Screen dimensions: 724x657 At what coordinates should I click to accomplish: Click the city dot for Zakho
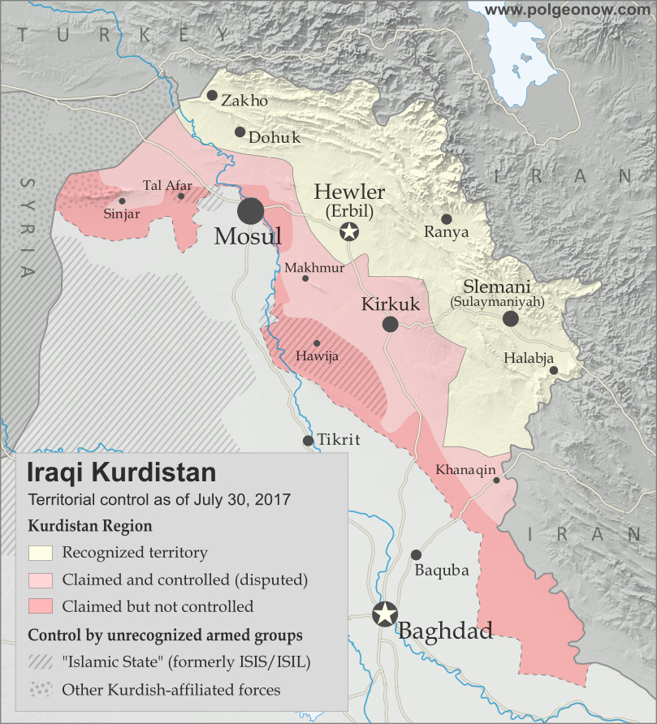(x=212, y=95)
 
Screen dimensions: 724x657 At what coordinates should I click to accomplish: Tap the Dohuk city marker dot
(x=240, y=131)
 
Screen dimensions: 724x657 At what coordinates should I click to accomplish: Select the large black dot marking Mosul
(x=251, y=211)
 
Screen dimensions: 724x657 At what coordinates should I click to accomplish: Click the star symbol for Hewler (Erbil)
(x=349, y=233)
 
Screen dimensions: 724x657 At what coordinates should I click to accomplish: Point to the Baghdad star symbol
(x=384, y=614)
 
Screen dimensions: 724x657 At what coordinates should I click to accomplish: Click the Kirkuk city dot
(x=390, y=325)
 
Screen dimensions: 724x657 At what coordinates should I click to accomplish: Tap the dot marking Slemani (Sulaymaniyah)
(x=510, y=319)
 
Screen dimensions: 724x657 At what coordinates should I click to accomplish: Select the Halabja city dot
(x=553, y=370)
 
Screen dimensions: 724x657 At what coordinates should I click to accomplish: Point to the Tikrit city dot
(x=308, y=441)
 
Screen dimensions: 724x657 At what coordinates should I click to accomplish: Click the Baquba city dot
(x=416, y=555)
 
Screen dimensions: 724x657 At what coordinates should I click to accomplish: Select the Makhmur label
(x=305, y=266)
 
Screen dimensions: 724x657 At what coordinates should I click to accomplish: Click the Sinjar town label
(x=122, y=214)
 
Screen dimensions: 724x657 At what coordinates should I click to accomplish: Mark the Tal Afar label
(x=167, y=185)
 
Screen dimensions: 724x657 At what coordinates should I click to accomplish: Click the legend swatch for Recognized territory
(x=41, y=553)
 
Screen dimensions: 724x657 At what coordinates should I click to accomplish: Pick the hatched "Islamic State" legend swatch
(x=41, y=662)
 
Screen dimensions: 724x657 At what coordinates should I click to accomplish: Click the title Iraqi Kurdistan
(x=122, y=472)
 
